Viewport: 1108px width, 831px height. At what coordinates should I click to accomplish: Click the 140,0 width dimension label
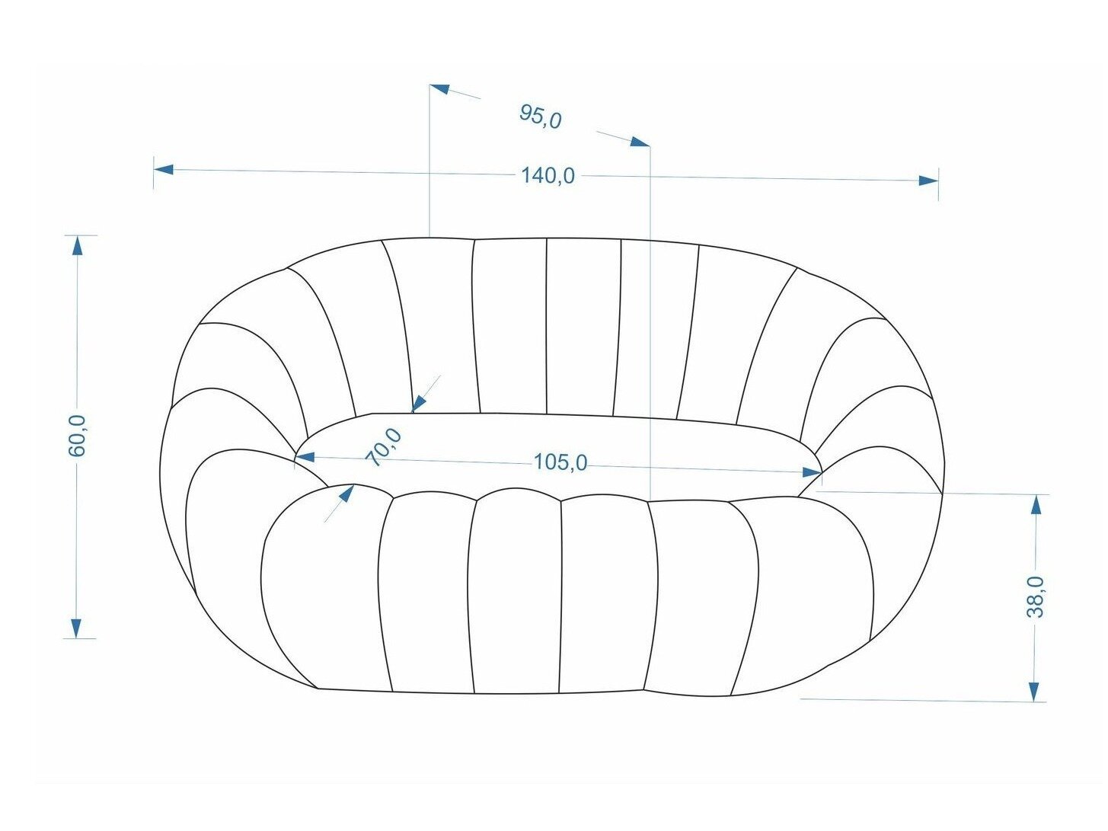[548, 176]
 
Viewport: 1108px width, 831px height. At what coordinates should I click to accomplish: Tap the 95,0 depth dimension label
[540, 117]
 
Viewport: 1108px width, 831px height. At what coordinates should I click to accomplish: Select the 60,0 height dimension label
[77, 436]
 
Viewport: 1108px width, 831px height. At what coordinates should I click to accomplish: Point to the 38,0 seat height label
[1035, 596]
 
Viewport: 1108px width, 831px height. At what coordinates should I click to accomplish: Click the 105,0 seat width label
[560, 462]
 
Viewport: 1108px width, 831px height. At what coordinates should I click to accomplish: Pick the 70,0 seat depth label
[384, 447]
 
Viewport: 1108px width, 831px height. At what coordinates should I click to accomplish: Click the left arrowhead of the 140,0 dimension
[164, 169]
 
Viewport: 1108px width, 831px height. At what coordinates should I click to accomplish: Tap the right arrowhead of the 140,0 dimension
[928, 181]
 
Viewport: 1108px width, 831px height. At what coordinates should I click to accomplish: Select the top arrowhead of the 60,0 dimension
[77, 246]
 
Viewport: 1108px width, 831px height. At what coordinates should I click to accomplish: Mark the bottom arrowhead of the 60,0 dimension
[76, 628]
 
